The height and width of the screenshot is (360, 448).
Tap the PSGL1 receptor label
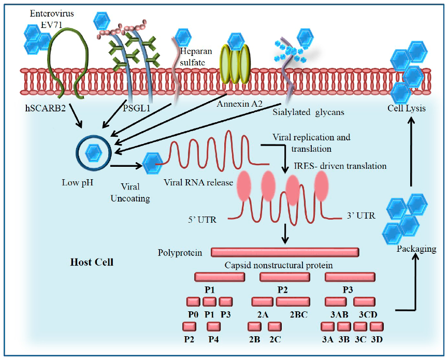point(134,110)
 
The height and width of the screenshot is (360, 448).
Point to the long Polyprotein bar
point(285,252)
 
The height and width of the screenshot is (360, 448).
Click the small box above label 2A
point(262,301)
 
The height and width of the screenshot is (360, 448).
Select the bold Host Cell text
point(92,262)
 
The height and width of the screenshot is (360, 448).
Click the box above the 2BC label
point(293,301)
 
